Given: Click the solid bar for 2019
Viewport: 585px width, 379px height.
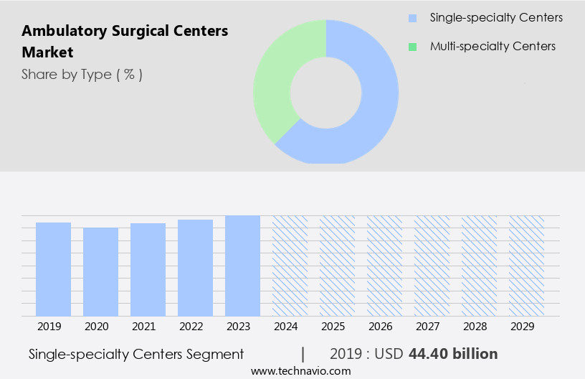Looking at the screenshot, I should coord(53,269).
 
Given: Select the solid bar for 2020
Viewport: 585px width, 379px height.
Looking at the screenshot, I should coord(100,272).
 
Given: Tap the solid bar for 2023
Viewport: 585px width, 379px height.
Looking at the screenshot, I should coord(242,266).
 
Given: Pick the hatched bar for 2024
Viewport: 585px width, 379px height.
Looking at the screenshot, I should coord(290,266).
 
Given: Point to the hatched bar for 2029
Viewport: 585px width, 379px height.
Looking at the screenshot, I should coord(526,266).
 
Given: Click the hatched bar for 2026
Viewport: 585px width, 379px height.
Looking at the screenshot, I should coord(384,266).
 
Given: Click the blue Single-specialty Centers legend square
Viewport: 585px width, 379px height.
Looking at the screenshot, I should coord(412,18).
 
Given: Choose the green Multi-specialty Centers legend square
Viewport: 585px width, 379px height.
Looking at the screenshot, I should coord(412,47).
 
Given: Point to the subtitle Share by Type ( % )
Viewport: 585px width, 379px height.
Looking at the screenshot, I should coord(82,74).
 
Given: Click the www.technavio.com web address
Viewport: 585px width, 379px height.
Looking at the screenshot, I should coord(301,371).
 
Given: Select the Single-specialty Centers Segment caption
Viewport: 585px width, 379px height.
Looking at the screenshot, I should coord(136,354).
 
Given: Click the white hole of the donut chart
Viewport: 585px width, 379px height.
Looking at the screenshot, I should coord(325,92).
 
